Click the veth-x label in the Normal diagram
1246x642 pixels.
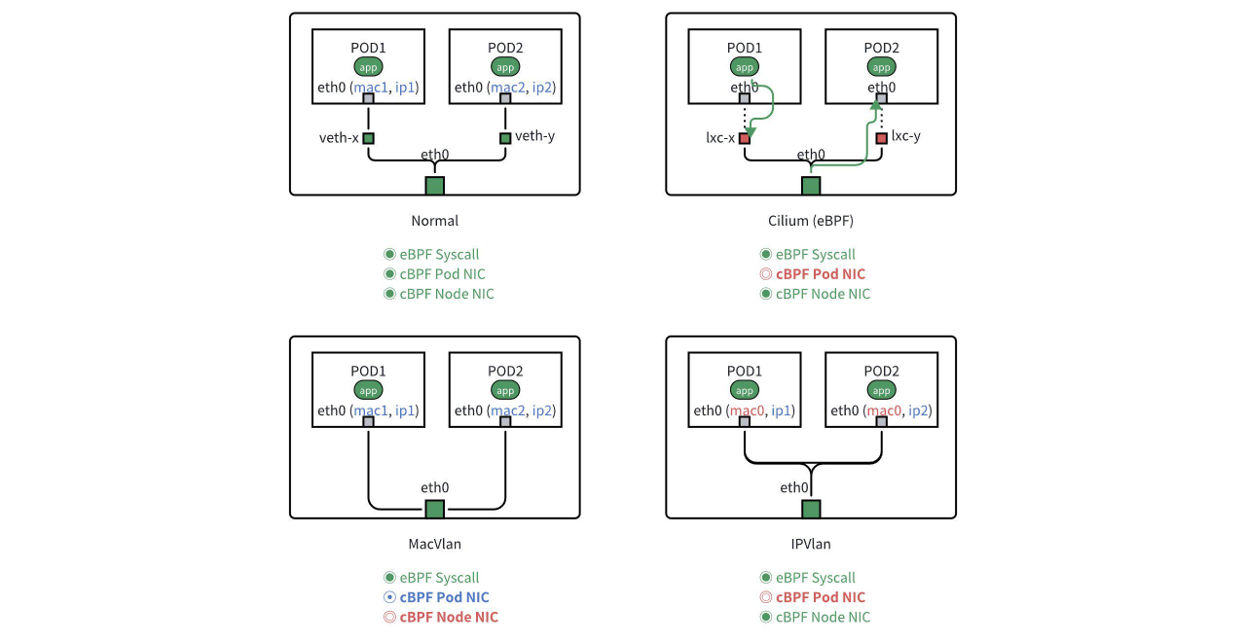click(339, 137)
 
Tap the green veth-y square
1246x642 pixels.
click(505, 138)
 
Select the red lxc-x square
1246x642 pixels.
click(745, 138)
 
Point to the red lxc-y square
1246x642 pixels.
click(881, 138)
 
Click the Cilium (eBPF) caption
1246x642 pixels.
click(810, 221)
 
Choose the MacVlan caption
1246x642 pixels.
click(434, 544)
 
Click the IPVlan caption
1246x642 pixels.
click(811, 544)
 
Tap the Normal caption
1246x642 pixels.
click(434, 221)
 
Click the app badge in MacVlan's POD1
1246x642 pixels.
click(368, 390)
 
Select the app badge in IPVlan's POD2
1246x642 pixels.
click(881, 390)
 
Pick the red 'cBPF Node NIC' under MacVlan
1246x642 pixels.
click(448, 617)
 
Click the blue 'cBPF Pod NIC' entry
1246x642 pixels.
click(444, 597)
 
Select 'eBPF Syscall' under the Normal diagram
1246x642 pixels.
click(439, 254)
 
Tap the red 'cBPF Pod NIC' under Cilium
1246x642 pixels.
click(820, 274)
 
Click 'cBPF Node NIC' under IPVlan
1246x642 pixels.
click(823, 617)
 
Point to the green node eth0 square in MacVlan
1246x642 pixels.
click(434, 509)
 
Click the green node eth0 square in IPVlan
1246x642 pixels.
click(811, 509)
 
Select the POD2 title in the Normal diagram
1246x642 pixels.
click(505, 48)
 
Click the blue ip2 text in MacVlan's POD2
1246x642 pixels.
click(542, 410)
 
